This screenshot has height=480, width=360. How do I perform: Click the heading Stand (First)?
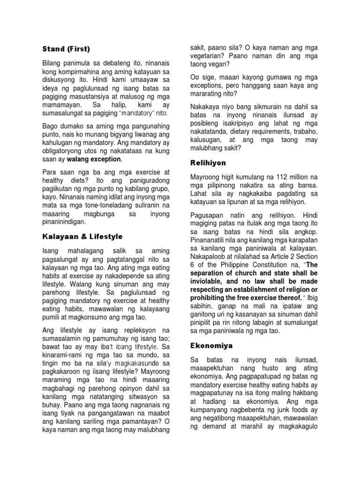click(x=66, y=49)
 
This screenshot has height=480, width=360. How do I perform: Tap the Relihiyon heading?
click(x=208, y=163)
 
